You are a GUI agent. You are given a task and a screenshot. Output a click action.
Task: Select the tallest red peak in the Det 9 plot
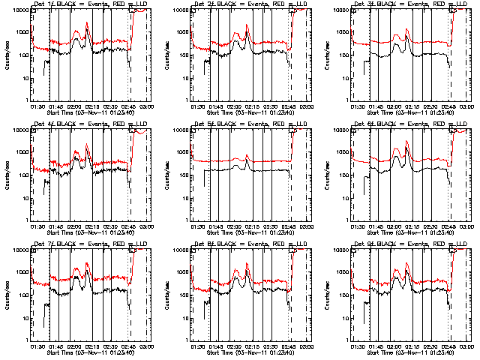pos(407,262)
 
